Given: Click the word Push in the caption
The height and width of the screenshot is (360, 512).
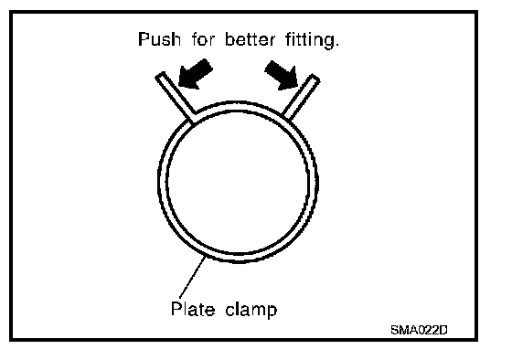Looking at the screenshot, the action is pyautogui.click(x=159, y=39).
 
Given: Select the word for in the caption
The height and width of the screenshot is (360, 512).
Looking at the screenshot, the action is pyautogui.click(x=203, y=39).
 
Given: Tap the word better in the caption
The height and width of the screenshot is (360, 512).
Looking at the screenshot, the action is pyautogui.click(x=251, y=39).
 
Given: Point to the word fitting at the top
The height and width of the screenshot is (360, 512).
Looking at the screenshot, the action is pyautogui.click(x=309, y=40).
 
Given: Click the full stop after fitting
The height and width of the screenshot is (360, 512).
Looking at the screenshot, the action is pyautogui.click(x=336, y=45).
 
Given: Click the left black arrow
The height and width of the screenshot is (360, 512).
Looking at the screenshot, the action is pyautogui.click(x=196, y=74).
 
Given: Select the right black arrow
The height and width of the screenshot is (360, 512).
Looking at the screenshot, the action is pyautogui.click(x=282, y=75).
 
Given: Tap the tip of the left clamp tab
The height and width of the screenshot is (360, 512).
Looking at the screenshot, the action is pyautogui.click(x=160, y=76).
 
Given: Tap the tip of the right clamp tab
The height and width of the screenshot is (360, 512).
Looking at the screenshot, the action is pyautogui.click(x=315, y=78).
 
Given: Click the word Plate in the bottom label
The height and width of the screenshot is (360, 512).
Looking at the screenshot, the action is pyautogui.click(x=193, y=309).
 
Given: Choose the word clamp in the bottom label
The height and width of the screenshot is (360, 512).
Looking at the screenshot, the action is pyautogui.click(x=251, y=310).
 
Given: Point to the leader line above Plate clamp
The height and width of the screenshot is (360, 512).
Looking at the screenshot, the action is pyautogui.click(x=193, y=277).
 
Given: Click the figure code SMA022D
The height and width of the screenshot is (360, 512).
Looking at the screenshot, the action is pyautogui.click(x=419, y=330).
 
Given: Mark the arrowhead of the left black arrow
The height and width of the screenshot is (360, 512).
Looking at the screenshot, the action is pyautogui.click(x=187, y=82).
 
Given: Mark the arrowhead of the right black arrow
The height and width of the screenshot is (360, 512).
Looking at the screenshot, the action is pyautogui.click(x=289, y=82).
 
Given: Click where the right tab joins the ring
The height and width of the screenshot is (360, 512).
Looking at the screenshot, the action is pyautogui.click(x=285, y=117).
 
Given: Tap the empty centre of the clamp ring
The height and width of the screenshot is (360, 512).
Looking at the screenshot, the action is pyautogui.click(x=238, y=182).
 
